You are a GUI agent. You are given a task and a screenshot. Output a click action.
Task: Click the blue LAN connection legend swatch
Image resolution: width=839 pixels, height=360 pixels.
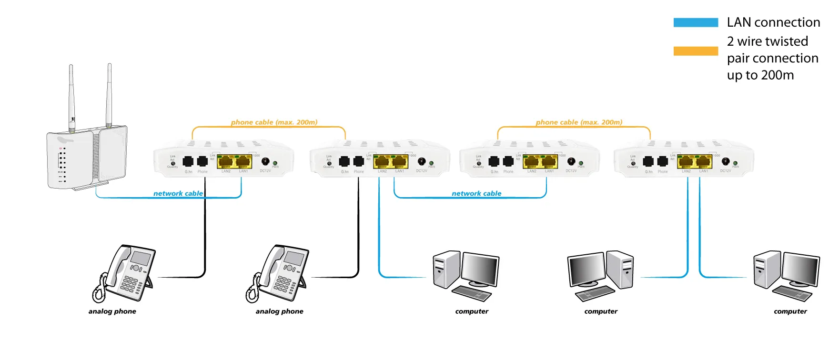click(x=695, y=22)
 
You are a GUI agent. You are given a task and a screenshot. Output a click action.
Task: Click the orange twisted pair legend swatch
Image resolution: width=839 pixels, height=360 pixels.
click(x=695, y=51)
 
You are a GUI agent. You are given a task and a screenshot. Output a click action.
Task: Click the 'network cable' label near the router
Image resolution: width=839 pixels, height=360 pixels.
click(x=178, y=193)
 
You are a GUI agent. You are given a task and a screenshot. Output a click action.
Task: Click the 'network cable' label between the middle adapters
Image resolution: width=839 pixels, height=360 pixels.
click(x=476, y=193)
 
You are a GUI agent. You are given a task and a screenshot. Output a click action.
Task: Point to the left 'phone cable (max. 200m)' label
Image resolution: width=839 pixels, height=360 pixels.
click(x=274, y=122)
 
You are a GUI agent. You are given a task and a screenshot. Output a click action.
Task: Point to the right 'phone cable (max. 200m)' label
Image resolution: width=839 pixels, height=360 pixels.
click(x=579, y=122)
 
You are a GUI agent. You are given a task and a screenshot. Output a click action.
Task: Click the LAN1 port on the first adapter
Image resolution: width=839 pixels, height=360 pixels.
click(x=243, y=162)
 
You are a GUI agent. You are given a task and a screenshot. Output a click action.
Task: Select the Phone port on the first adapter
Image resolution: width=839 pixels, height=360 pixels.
click(x=202, y=162)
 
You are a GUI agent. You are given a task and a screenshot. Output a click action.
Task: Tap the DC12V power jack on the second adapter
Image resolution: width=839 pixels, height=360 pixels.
click(x=421, y=162)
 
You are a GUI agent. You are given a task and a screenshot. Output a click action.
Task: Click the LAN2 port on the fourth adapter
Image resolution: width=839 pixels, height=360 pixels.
click(x=686, y=162)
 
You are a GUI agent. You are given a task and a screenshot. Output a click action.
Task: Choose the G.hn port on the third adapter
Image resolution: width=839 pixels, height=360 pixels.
click(x=494, y=162)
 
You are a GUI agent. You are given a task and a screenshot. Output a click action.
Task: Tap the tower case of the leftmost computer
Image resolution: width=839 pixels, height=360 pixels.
click(x=446, y=270)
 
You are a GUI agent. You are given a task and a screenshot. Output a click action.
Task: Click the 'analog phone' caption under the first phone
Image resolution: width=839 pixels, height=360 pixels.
click(x=112, y=311)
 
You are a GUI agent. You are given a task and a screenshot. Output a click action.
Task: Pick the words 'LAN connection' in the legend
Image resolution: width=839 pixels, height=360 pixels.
click(x=773, y=22)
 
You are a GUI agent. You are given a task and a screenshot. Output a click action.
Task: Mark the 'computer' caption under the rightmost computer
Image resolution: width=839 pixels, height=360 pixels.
click(x=790, y=311)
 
